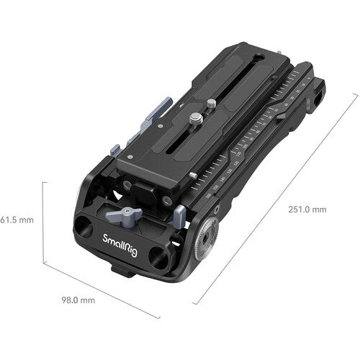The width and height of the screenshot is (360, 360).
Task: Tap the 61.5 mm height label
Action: tap(17, 218)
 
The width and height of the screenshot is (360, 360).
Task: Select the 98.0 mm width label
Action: tap(77, 300)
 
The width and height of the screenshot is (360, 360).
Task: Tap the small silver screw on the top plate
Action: tap(210, 104)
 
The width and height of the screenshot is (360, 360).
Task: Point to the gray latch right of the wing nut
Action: tap(179, 213)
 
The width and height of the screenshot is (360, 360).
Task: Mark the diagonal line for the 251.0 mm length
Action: tap(277, 198)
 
